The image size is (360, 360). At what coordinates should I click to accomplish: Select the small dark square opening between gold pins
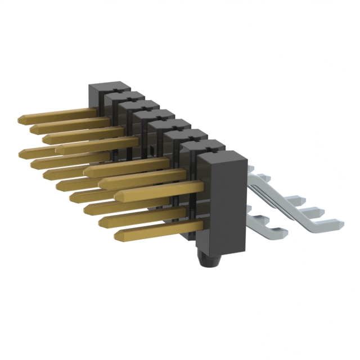click(152, 149)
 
